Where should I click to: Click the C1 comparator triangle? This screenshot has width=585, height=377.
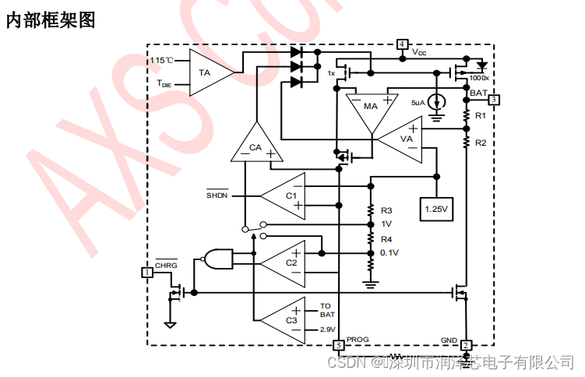pos(285,195)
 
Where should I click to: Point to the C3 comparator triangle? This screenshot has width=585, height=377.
pos(285,320)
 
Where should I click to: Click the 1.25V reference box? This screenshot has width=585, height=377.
pos(436,209)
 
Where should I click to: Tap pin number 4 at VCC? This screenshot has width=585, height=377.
pos(403,44)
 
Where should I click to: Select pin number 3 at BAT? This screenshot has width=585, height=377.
pos(494,99)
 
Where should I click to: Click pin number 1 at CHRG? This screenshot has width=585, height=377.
pos(146,272)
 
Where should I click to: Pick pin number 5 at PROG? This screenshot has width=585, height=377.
pos(339,345)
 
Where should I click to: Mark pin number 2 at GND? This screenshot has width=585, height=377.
pos(465,345)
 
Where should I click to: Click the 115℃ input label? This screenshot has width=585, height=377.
pos(161,60)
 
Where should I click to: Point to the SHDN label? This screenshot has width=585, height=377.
pos(217,195)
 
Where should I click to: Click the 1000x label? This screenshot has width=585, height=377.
pos(478,79)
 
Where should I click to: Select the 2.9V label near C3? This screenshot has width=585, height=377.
pos(327,329)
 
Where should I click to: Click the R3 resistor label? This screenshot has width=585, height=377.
pos(386,210)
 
